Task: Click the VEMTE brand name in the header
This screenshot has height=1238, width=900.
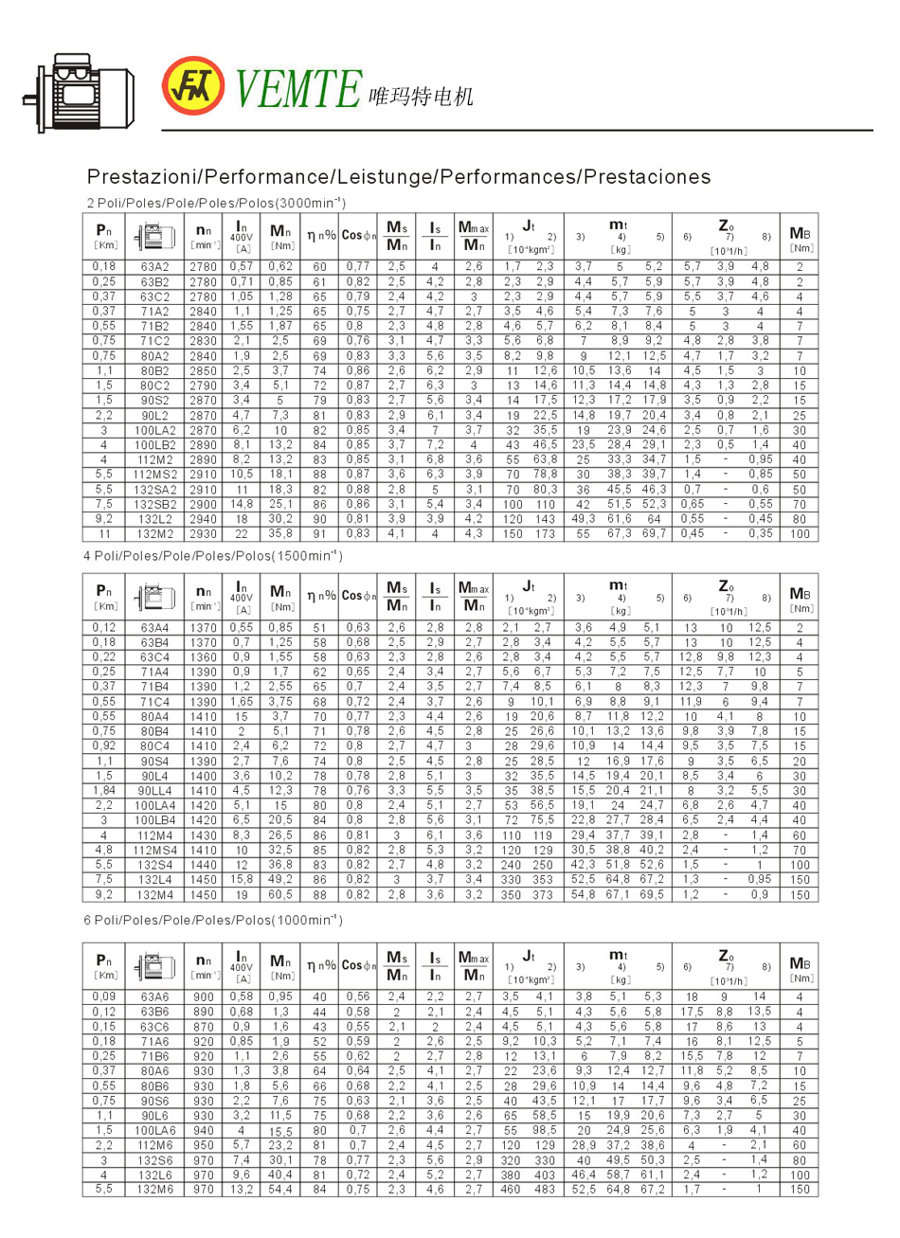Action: click(297, 87)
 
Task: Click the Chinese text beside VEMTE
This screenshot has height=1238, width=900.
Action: click(419, 95)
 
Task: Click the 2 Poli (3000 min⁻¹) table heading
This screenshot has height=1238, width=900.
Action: click(216, 203)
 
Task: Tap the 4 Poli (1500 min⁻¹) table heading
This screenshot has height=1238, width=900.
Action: click(213, 555)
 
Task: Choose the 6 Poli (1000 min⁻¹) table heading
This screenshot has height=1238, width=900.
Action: click(213, 921)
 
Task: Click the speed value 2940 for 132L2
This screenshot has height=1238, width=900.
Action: click(203, 519)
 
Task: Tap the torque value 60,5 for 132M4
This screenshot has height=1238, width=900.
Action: click(281, 894)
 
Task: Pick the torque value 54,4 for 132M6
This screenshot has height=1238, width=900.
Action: click(281, 1189)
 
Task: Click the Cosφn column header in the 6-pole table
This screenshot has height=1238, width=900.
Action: click(359, 965)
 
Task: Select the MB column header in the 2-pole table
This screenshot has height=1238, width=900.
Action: click(801, 237)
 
